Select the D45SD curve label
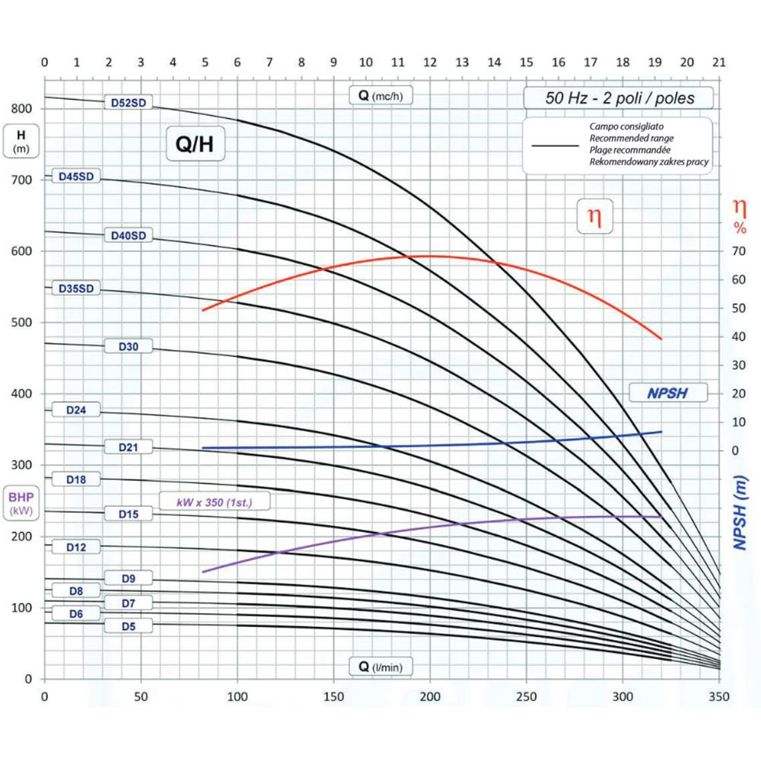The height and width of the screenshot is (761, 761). point(75,177)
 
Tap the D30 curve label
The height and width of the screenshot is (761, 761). point(129,346)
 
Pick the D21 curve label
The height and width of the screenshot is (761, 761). point(129,447)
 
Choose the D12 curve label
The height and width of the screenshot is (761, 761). point(75,547)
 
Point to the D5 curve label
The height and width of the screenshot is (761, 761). point(129,626)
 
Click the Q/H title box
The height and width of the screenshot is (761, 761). point(196,145)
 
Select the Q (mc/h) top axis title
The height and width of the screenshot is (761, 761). point(380,96)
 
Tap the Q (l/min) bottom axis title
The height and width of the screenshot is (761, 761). point(380,667)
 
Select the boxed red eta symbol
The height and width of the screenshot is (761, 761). point(594,217)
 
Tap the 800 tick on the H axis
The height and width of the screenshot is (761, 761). point(22,108)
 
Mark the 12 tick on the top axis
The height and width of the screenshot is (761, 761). point(430,62)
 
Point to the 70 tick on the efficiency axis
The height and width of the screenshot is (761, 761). point(737,251)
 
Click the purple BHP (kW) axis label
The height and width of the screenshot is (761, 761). point(21,504)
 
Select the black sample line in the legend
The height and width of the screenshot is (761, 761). point(559,144)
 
